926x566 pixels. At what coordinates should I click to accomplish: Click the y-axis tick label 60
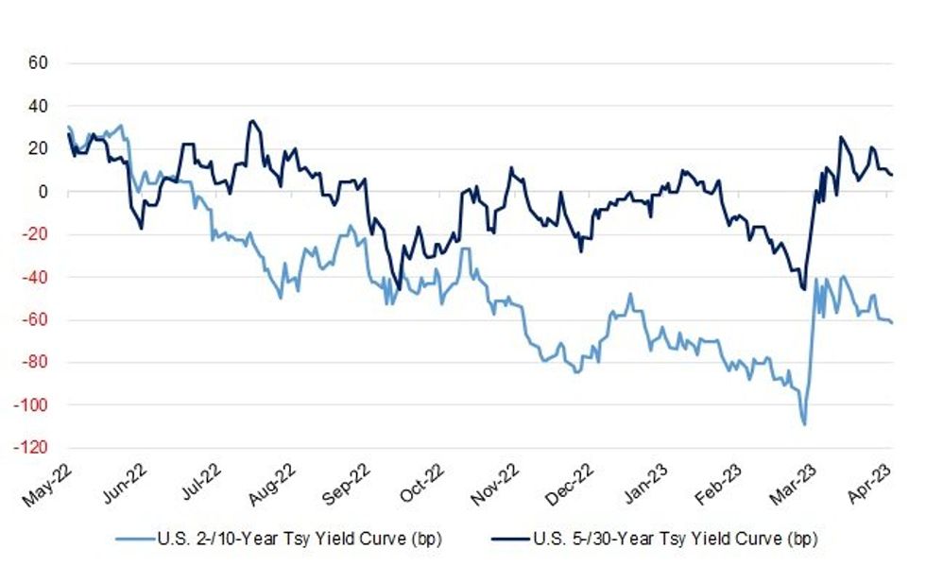tap(39, 64)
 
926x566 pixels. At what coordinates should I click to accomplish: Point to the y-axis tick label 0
tap(43, 192)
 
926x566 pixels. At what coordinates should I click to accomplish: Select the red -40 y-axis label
tap(35, 277)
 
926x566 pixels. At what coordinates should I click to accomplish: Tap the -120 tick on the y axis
tap(32, 447)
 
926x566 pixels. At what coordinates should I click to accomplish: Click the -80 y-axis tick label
tap(35, 362)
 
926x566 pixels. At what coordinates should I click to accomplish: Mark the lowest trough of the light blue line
tap(804, 424)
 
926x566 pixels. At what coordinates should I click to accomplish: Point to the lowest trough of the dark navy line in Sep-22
tap(399, 290)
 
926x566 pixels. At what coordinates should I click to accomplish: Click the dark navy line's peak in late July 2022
tap(250, 121)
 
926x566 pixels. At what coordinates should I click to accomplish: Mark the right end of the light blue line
tap(893, 322)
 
